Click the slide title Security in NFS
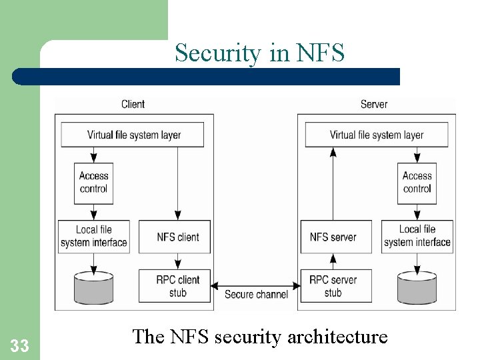tap(259, 53)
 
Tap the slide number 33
tap(20, 346)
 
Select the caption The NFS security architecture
tap(259, 337)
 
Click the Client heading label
tap(133, 104)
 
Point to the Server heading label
tap(373, 104)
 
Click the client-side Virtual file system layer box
tap(134, 135)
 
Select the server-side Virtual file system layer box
tap(377, 135)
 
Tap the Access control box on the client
tap(93, 183)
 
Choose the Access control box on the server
tap(417, 183)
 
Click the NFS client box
tap(177, 237)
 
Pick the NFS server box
tap(333, 237)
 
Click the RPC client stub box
tap(177, 286)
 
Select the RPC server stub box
tap(333, 286)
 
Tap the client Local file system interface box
tap(93, 237)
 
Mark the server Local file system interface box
tap(417, 237)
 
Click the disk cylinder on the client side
tap(93, 287)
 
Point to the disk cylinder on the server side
tap(417, 287)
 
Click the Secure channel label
tap(256, 295)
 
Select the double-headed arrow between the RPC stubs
tap(255, 285)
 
